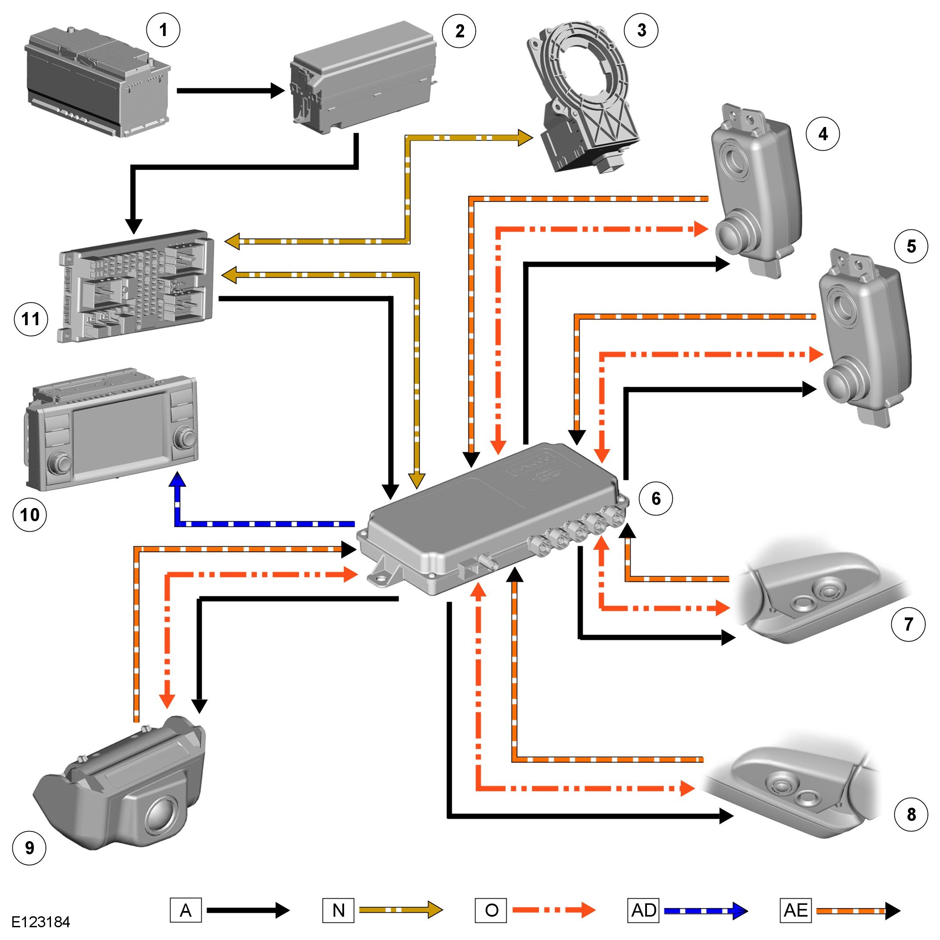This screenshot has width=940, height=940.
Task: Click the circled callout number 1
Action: tap(163, 30)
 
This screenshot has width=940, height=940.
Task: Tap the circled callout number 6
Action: tap(655, 498)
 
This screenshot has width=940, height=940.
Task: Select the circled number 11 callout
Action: tap(31, 319)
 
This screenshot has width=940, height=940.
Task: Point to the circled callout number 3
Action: tap(641, 30)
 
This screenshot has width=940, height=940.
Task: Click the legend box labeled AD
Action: tap(643, 910)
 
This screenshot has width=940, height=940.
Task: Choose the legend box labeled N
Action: tap(338, 910)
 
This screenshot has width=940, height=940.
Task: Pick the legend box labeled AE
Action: tap(795, 910)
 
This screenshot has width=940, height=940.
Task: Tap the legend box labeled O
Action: tap(491, 910)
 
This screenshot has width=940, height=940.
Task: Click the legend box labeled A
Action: tap(185, 910)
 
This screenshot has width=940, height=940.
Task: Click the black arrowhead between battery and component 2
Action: tap(278, 91)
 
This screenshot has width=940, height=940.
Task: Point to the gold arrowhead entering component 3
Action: tap(525, 138)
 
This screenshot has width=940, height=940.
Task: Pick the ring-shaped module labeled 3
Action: tap(584, 97)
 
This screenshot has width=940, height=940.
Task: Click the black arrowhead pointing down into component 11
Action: tap(134, 226)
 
